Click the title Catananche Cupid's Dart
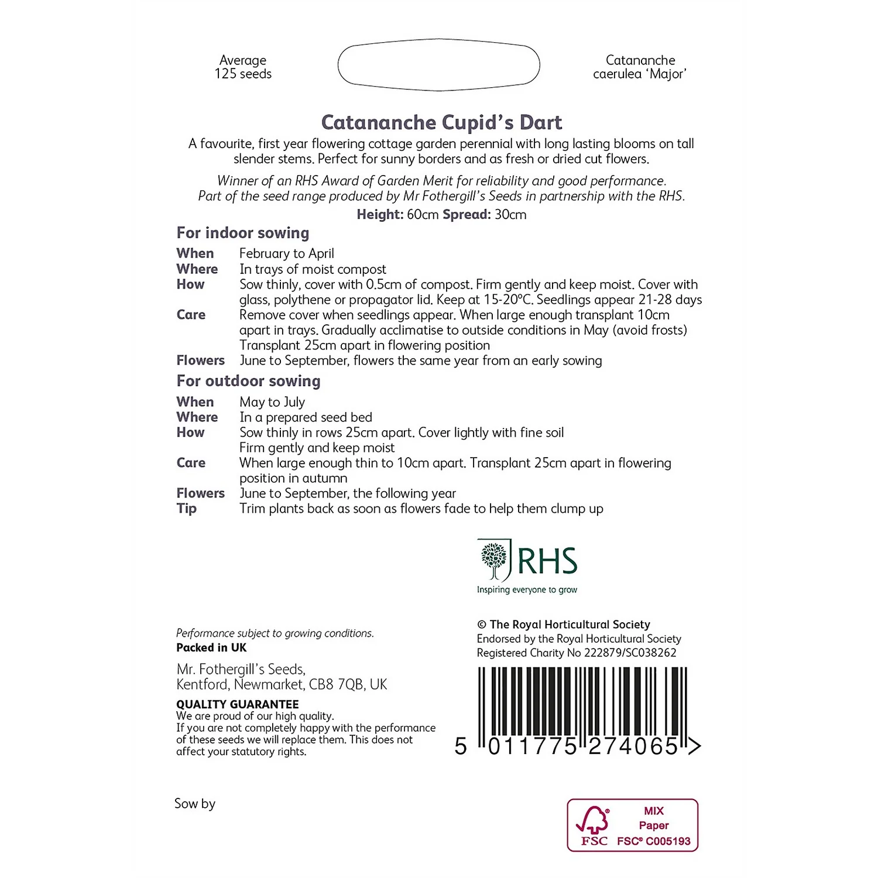[x=441, y=122]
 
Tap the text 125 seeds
[x=243, y=74]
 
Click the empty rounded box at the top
[x=438, y=65]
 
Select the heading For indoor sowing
[x=243, y=233]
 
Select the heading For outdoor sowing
[x=248, y=381]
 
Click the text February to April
[x=287, y=253]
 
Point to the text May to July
[x=272, y=402]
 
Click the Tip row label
[x=187, y=509]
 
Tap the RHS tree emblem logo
[x=494, y=560]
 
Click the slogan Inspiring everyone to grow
[x=527, y=590]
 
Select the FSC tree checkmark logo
[x=594, y=821]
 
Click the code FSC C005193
[x=654, y=842]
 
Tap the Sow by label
[x=195, y=804]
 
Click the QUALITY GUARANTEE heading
[x=238, y=704]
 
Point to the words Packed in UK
[x=211, y=648]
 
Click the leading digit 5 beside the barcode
[x=461, y=746]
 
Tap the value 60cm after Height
[x=423, y=215]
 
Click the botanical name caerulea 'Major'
[x=639, y=74]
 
